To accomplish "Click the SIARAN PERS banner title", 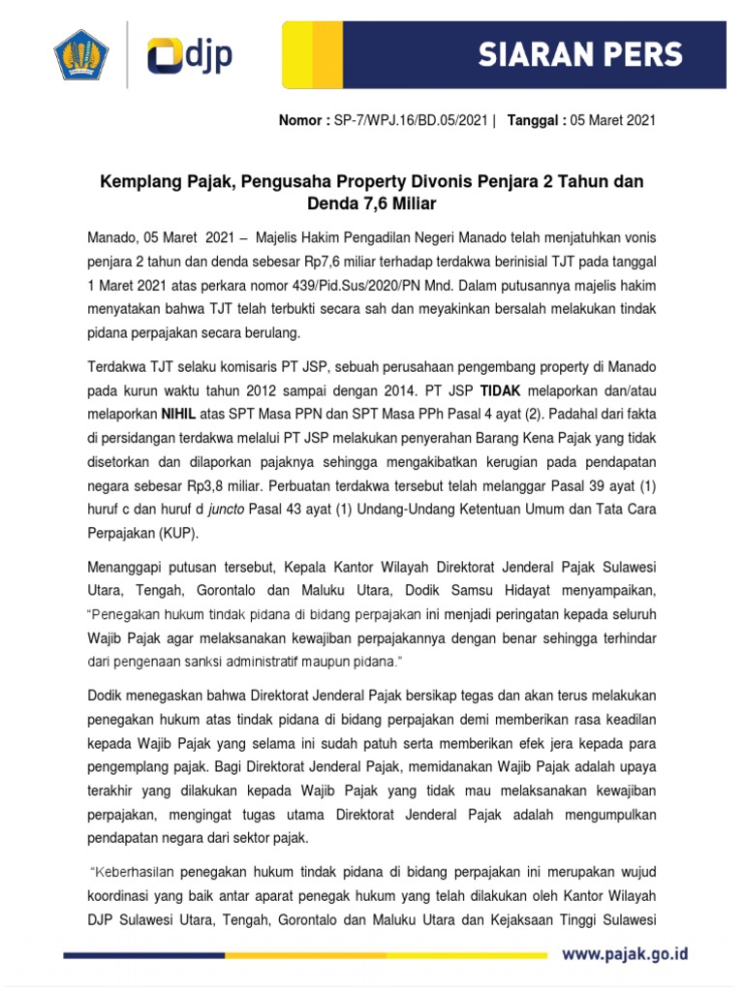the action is tap(579, 54).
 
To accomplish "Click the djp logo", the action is tap(190, 57).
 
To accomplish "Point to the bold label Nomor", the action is tap(300, 121).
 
